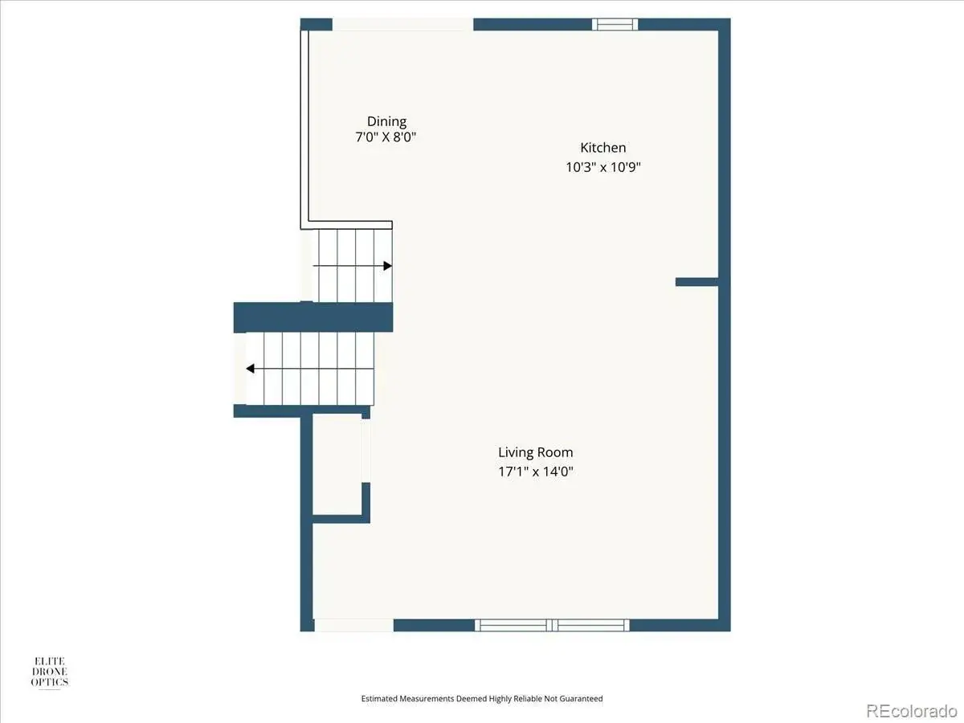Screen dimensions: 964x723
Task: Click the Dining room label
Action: click(x=386, y=121)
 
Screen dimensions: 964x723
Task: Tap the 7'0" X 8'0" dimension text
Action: click(x=386, y=137)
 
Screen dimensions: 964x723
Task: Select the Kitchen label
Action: click(x=603, y=148)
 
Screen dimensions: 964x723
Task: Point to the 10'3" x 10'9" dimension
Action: click(x=603, y=167)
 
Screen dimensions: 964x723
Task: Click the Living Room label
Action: click(x=535, y=452)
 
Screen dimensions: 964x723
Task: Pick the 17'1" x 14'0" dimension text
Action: click(x=536, y=472)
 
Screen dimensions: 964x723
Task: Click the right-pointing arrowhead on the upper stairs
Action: click(x=387, y=266)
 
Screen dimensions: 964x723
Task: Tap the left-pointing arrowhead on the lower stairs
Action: click(x=251, y=368)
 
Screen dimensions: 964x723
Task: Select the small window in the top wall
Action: click(x=615, y=24)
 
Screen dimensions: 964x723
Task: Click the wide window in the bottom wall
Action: click(x=552, y=625)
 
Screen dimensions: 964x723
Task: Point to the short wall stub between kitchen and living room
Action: click(x=697, y=282)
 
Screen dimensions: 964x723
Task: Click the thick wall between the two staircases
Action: click(x=313, y=317)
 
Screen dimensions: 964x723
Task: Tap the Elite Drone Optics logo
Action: click(x=50, y=672)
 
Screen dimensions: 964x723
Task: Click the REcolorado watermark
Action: click(x=911, y=710)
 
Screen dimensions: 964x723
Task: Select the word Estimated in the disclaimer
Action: click(x=379, y=698)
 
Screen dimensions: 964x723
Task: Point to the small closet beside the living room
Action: click(x=337, y=464)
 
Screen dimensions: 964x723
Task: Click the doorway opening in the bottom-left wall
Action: click(x=354, y=625)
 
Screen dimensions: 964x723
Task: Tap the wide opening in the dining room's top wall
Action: click(x=402, y=24)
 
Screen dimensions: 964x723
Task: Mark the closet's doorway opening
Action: click(x=366, y=451)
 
